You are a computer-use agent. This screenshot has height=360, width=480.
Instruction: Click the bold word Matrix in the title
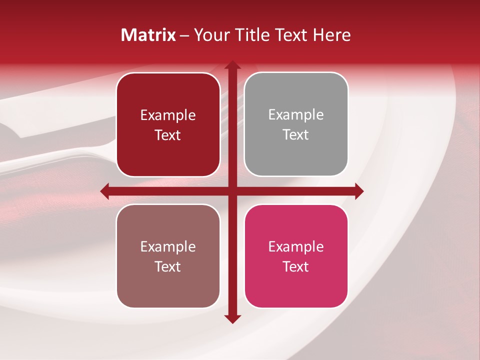click(x=148, y=35)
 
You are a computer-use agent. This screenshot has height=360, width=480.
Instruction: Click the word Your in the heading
click(x=208, y=35)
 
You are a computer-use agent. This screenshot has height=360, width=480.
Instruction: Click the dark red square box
click(x=168, y=124)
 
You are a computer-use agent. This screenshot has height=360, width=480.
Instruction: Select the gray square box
click(x=296, y=124)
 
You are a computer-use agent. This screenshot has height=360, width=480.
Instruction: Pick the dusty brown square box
click(x=168, y=256)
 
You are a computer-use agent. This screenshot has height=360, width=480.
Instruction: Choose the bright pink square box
click(x=296, y=256)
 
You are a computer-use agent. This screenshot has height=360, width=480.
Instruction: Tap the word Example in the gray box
click(x=296, y=115)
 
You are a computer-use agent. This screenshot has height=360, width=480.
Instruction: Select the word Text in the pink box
click(x=296, y=266)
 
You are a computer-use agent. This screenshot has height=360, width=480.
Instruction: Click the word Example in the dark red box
click(x=168, y=115)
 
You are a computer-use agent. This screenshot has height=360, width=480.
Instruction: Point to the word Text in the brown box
click(x=168, y=266)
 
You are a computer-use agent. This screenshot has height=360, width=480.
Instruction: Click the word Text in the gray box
click(x=296, y=135)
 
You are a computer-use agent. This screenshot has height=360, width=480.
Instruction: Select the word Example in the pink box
click(x=296, y=246)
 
